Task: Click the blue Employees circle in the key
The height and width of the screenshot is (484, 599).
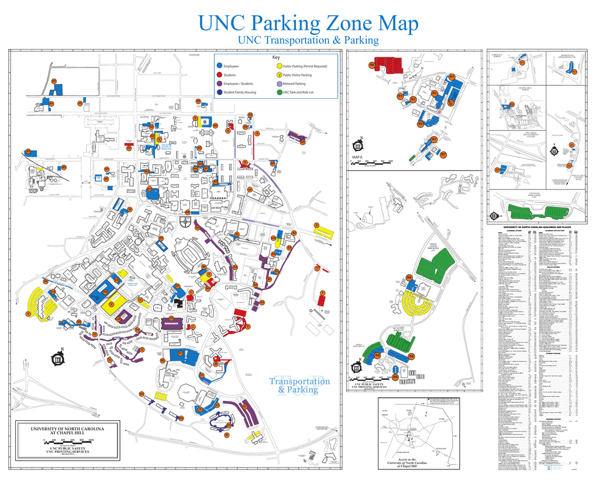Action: pyautogui.click(x=219, y=67)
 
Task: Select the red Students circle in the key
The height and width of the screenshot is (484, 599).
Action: pyautogui.click(x=219, y=75)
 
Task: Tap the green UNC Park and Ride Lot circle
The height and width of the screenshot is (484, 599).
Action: pyautogui.click(x=278, y=92)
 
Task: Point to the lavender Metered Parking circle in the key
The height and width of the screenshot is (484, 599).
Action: pyautogui.click(x=278, y=84)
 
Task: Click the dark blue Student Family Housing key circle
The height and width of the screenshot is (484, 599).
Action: pyautogui.click(x=219, y=92)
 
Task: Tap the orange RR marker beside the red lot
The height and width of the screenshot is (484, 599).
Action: pyautogui.click(x=371, y=65)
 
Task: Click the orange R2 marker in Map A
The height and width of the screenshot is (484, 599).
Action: pyautogui.click(x=421, y=124)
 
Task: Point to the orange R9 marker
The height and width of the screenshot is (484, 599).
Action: pyautogui.click(x=412, y=377)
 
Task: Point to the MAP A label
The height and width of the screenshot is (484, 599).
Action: pyautogui.click(x=358, y=156)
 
